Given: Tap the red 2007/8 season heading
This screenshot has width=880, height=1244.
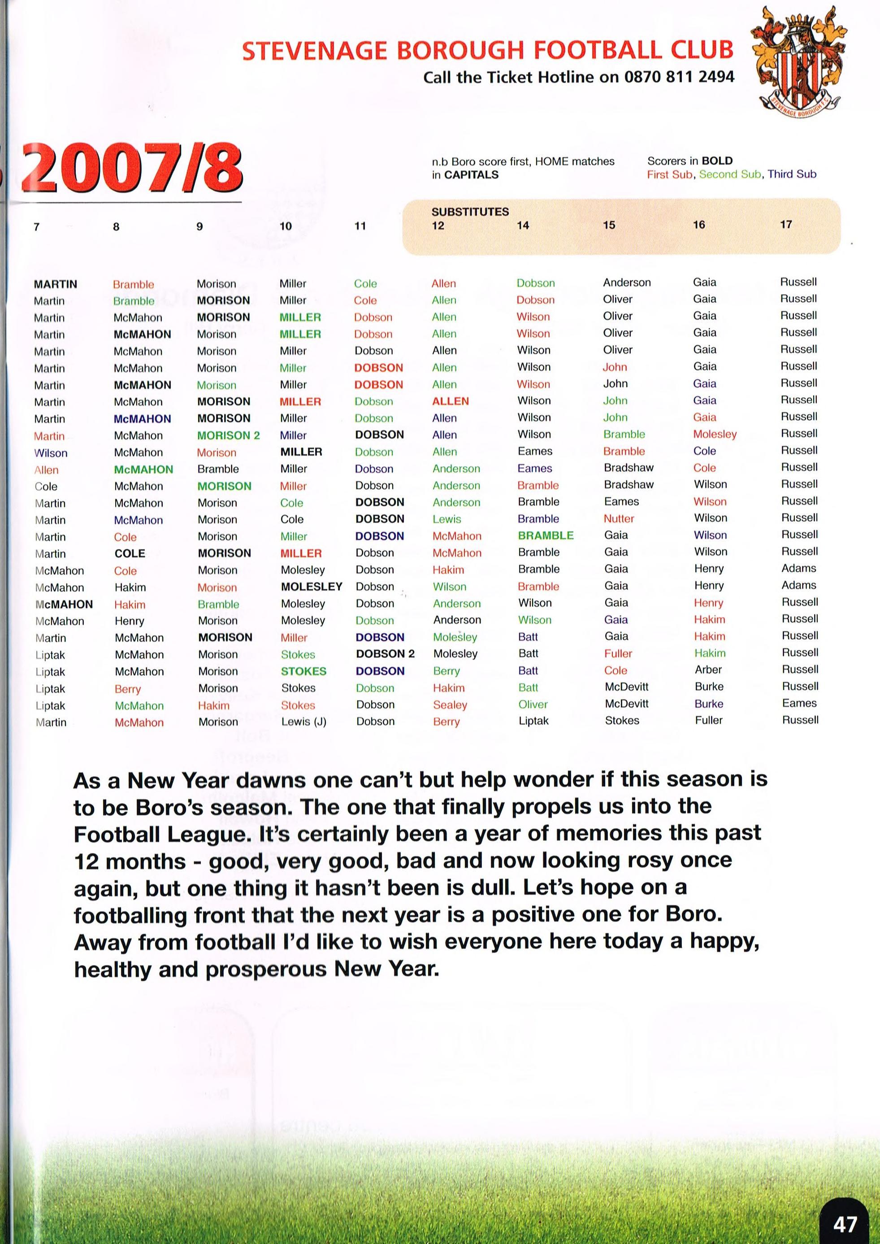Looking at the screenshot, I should [132, 168].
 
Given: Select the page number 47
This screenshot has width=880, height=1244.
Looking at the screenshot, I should [845, 1224].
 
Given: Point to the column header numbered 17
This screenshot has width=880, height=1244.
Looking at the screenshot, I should [786, 224].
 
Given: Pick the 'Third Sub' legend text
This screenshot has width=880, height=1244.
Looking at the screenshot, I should [792, 174].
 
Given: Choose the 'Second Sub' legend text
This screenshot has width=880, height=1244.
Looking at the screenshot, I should [729, 174].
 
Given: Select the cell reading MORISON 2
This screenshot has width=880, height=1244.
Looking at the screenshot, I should [228, 435].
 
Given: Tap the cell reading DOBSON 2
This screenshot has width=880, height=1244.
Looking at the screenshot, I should [385, 654].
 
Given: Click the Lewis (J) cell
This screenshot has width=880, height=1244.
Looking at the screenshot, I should [303, 722].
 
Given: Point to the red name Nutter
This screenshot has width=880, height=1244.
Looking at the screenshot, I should [619, 519].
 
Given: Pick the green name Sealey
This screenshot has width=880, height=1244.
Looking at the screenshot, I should [450, 705].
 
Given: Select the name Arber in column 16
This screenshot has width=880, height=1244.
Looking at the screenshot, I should [708, 670].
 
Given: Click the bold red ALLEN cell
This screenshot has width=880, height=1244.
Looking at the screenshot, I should [450, 401].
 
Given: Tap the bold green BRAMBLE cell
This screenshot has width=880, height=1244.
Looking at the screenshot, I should [545, 535].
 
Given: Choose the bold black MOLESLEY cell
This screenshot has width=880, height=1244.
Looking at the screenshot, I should [312, 587].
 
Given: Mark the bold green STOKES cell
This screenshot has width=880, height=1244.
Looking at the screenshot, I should [303, 671].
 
